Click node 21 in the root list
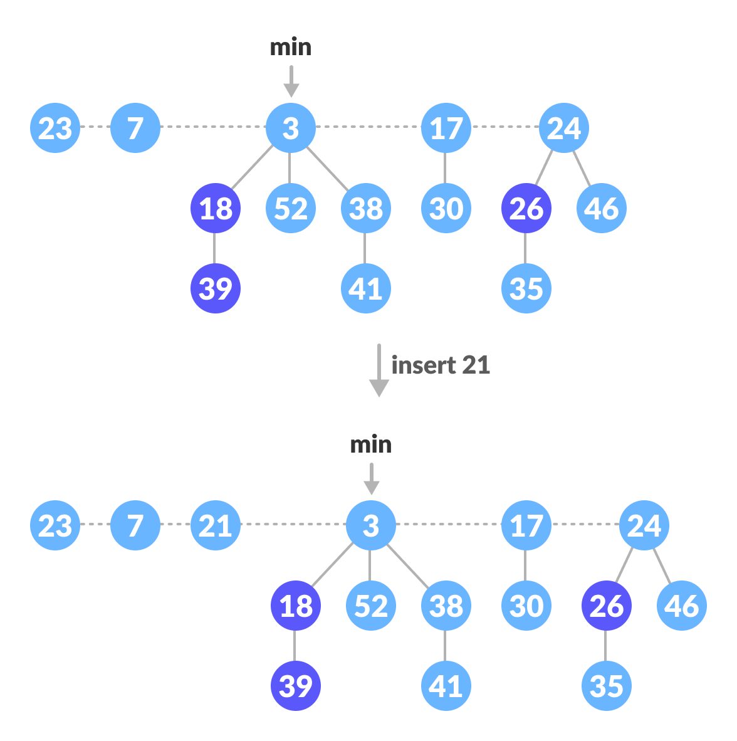[215, 525]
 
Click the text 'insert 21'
[440, 365]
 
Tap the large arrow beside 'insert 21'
[379, 370]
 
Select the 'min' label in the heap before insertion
[290, 47]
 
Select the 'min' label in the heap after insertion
[370, 444]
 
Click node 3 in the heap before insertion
[290, 128]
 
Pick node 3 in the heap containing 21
[370, 525]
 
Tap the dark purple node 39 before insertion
[215, 288]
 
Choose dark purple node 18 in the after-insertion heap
[295, 606]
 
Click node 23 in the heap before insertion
[55, 128]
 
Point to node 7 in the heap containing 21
[135, 525]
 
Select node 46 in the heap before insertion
[601, 208]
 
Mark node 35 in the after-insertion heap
[606, 686]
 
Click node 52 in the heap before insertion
[290, 208]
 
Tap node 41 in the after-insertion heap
[446, 686]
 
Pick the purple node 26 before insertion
[526, 208]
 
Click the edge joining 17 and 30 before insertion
[445, 168]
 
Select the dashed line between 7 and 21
[175, 524]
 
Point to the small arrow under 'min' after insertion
[372, 480]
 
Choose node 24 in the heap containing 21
[644, 525]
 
